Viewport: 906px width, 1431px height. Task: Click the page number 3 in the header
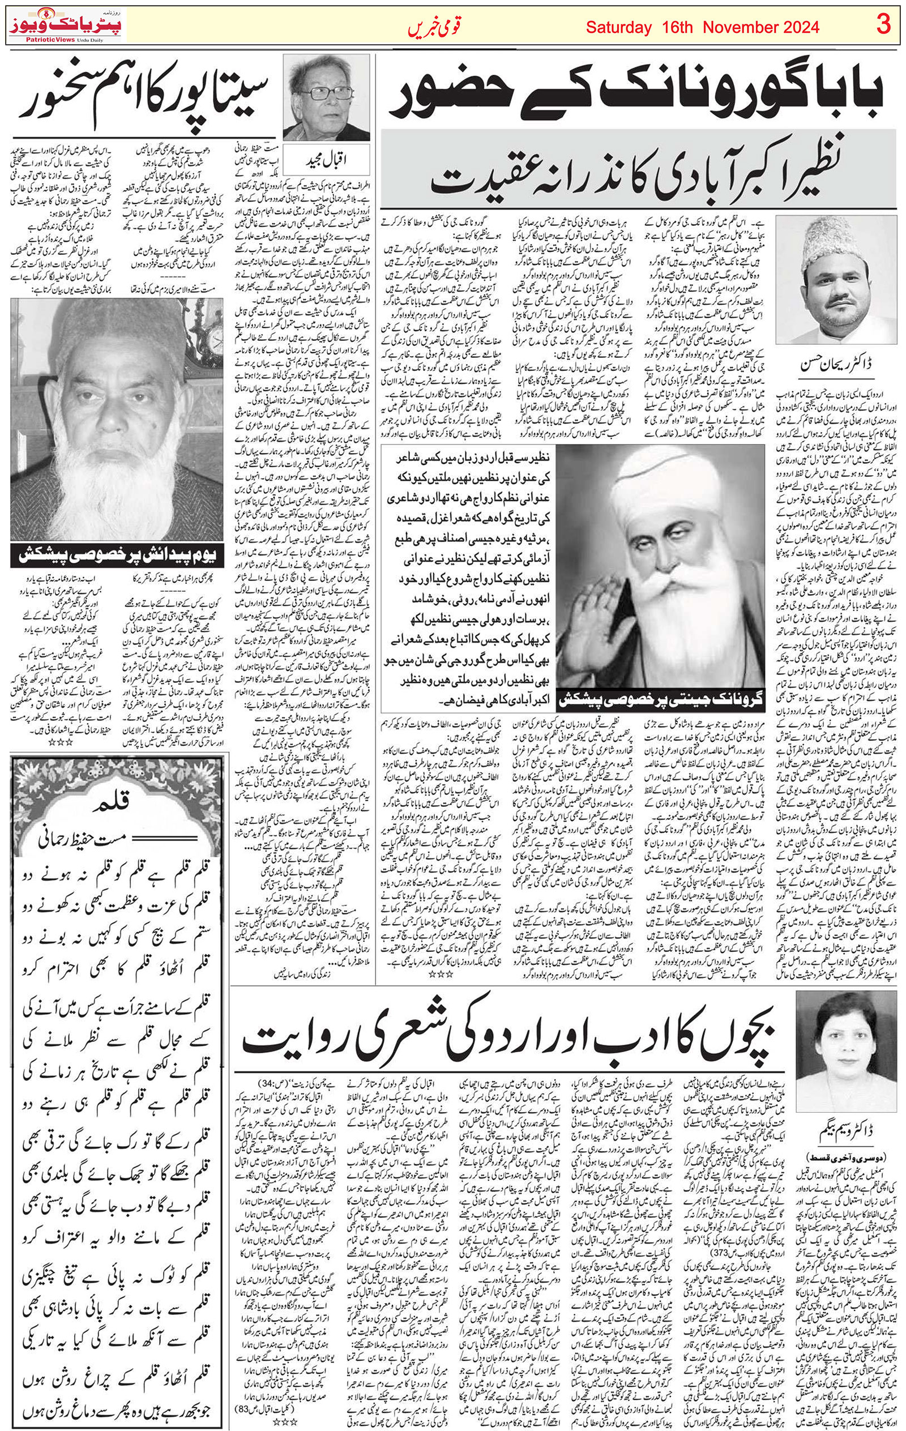point(883,26)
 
